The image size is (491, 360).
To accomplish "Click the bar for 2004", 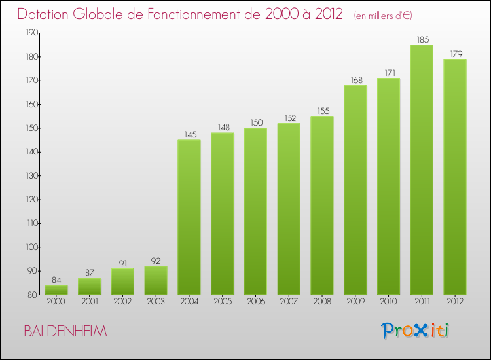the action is click(x=189, y=217).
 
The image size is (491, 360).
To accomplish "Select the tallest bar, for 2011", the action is click(x=422, y=170).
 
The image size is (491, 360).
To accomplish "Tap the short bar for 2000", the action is click(x=56, y=289).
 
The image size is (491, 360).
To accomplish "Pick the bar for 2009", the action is click(x=355, y=190).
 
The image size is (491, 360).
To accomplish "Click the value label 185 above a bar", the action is click(x=423, y=40).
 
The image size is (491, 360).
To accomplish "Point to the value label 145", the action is click(x=191, y=135).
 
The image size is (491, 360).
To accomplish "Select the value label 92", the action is click(x=156, y=261).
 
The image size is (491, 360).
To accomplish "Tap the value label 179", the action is click(x=456, y=54).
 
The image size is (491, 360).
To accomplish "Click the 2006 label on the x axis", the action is click(x=256, y=302).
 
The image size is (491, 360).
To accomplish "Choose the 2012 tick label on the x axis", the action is click(x=455, y=302).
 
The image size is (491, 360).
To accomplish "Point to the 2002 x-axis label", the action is click(x=122, y=302).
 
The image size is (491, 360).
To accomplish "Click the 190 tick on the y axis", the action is click(x=32, y=33).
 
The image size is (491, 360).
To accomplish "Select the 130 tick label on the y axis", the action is click(x=32, y=175).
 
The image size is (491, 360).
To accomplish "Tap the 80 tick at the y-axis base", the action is click(x=32, y=295).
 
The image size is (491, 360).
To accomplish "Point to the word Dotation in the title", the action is click(x=43, y=14).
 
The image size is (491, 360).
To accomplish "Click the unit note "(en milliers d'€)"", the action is click(x=383, y=16).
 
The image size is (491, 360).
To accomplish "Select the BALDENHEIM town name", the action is click(x=65, y=331).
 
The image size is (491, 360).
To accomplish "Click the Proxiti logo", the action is click(x=415, y=331).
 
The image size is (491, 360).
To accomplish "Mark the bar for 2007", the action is click(x=289, y=209).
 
